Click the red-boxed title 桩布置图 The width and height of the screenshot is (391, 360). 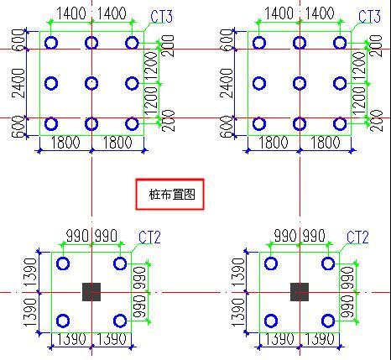click(172, 194)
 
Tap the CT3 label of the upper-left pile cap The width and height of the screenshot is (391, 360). click(162, 17)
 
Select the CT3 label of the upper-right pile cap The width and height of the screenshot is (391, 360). click(369, 17)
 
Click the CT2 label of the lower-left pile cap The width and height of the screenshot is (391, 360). click(149, 237)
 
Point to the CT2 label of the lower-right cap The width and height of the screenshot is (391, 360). click(357, 237)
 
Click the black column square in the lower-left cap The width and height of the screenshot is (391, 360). click(91, 292)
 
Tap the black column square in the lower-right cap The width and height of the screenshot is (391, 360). click(300, 292)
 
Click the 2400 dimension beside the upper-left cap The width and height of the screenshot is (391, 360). click(18, 83)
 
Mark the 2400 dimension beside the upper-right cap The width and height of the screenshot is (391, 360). click(227, 83)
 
